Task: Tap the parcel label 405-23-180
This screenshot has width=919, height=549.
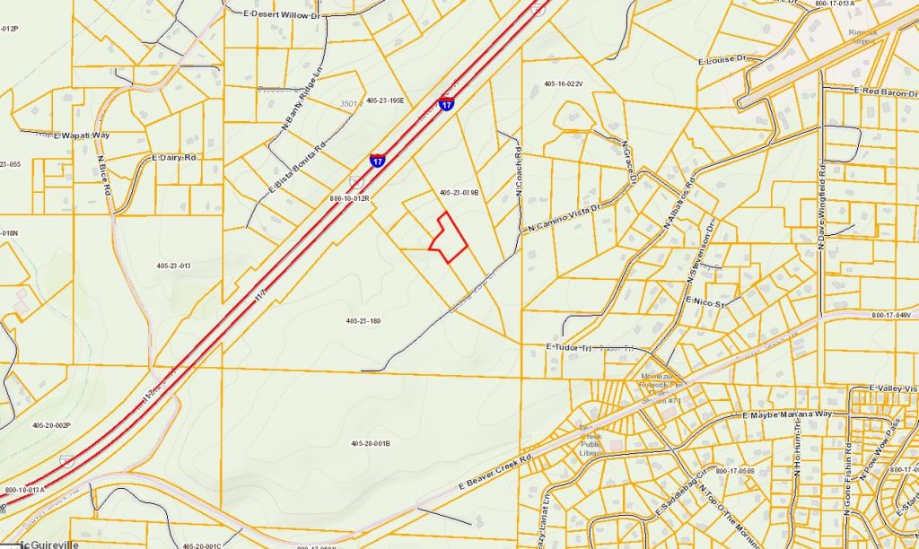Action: [x=363, y=320]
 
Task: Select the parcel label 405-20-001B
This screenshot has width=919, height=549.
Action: [x=370, y=444]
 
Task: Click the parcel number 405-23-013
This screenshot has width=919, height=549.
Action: [x=173, y=266]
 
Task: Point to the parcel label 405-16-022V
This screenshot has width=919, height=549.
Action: [x=564, y=83]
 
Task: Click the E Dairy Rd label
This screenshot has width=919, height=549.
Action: [x=174, y=158]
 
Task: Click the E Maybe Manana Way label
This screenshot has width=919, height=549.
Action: [x=789, y=415]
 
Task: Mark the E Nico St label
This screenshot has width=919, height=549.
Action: [x=705, y=301]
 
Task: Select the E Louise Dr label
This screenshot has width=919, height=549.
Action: [x=722, y=59]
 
